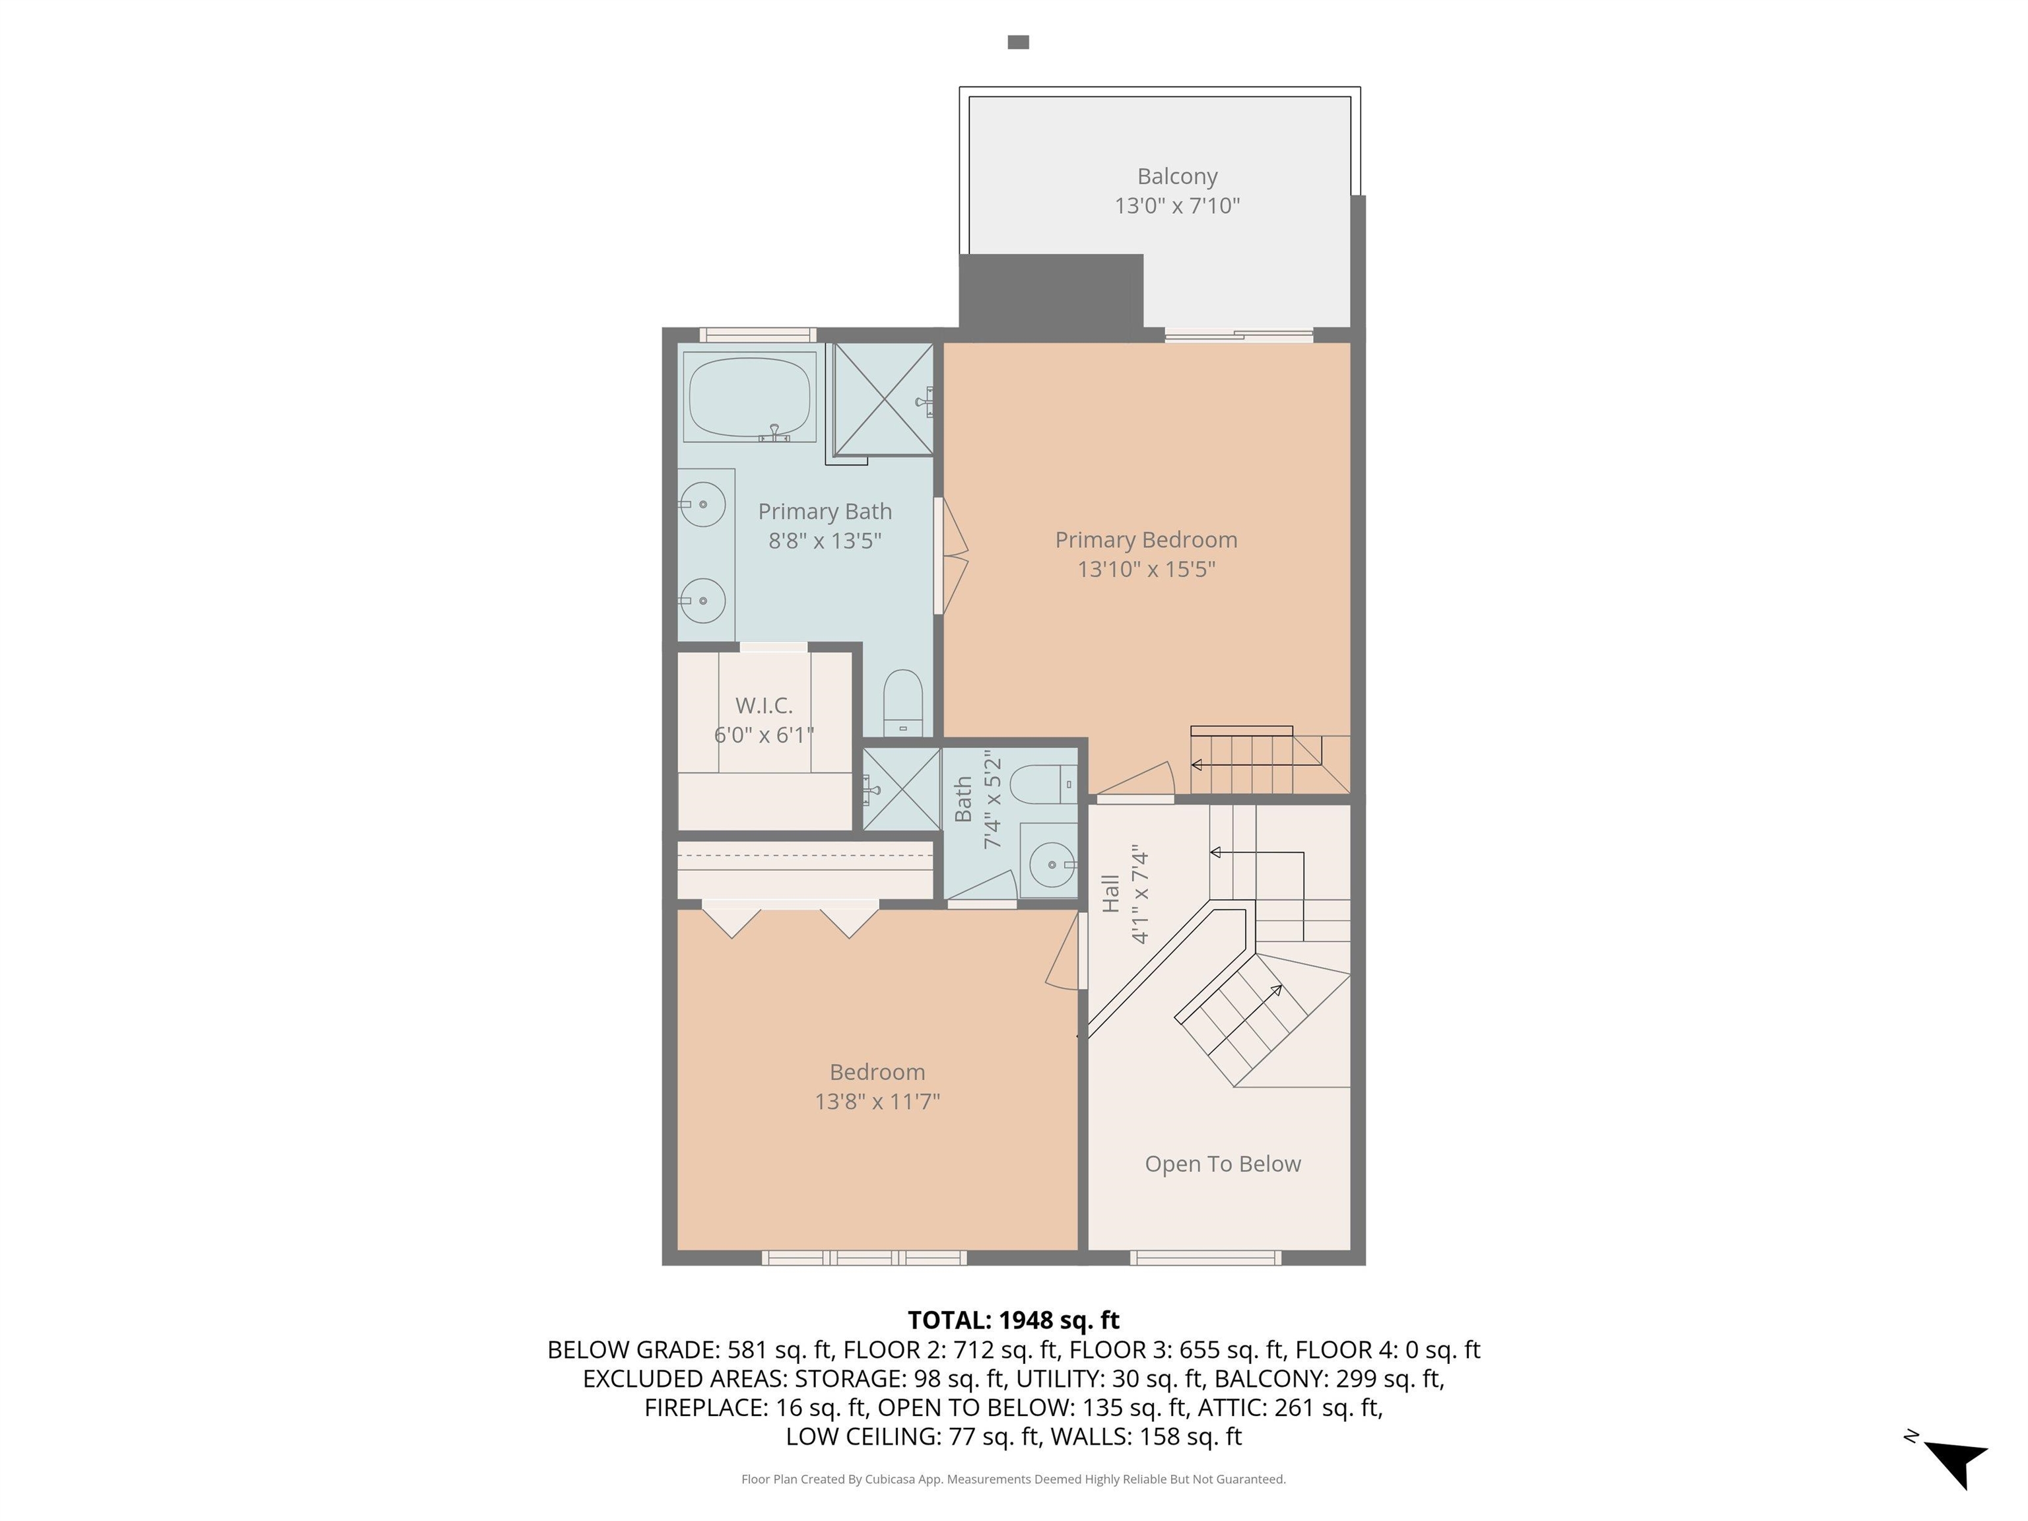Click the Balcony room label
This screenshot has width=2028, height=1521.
1177,176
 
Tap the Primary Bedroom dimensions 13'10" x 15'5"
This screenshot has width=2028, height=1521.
1146,569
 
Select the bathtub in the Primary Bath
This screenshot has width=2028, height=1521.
750,397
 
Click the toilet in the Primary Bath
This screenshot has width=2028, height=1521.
903,702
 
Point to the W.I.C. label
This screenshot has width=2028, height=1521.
764,705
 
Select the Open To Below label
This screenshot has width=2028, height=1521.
1223,1163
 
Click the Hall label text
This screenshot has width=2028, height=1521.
1111,893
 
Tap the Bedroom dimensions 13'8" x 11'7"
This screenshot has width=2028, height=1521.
877,1101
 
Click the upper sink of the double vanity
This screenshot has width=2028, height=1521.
702,505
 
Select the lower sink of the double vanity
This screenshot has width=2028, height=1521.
702,601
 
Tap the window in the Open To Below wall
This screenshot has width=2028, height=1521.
1205,1258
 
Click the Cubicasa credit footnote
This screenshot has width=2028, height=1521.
1013,1479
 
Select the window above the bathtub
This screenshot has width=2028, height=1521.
757,335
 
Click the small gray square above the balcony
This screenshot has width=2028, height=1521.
1019,42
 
